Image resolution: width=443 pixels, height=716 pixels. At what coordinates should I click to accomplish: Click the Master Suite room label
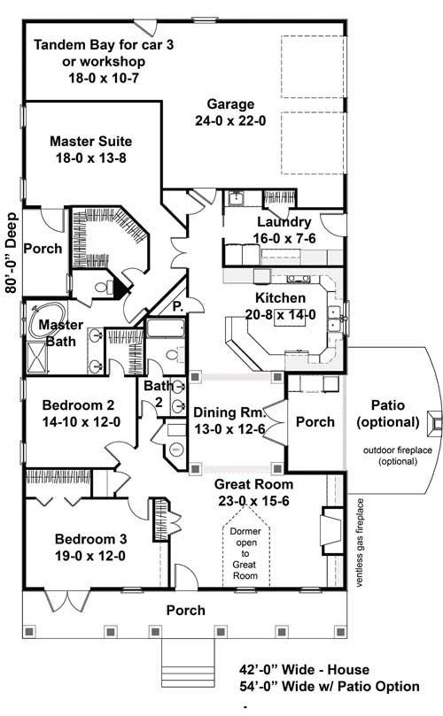[91, 141]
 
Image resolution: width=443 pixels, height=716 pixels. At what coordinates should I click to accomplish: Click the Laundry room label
[283, 222]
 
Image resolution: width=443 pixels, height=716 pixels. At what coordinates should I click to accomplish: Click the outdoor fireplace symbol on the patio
[432, 423]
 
